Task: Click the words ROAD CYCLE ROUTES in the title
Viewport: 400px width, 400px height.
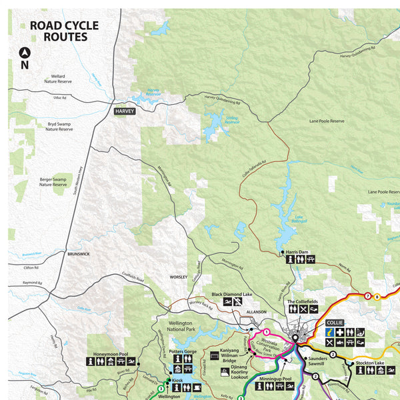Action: [x=63, y=31]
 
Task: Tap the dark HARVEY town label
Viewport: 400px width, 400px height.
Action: [x=124, y=111]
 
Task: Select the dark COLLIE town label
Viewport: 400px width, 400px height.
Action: [x=334, y=322]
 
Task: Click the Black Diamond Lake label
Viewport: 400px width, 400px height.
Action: [x=232, y=293]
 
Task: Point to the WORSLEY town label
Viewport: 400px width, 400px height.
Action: [x=178, y=275]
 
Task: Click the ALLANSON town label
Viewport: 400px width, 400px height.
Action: [x=256, y=311]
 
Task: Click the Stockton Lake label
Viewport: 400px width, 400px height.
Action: [x=371, y=363]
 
